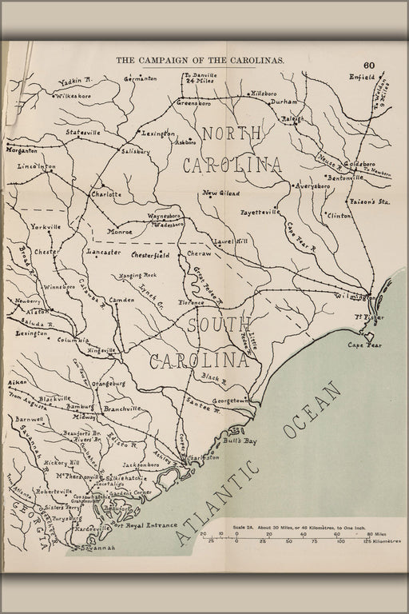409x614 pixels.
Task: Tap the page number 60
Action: pyautogui.click(x=369, y=66)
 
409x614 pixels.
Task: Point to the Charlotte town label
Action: pyautogui.click(x=106, y=194)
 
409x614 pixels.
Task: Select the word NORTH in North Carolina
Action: pyautogui.click(x=232, y=134)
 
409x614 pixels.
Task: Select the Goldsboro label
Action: pyautogui.click(x=364, y=163)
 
